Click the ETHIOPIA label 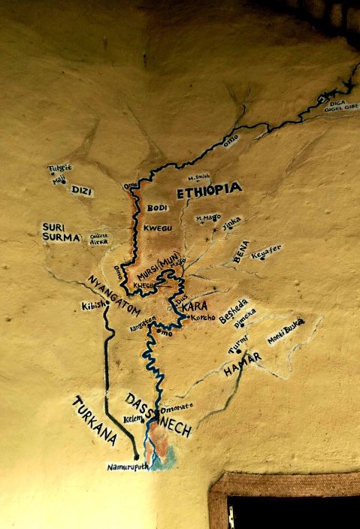point(210,191)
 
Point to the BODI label point(157,207)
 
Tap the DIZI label point(81,191)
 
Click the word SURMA point(56,239)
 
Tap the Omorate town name point(177,407)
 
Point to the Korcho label point(204,318)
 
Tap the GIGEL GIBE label point(340,109)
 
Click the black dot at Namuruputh point(136,458)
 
